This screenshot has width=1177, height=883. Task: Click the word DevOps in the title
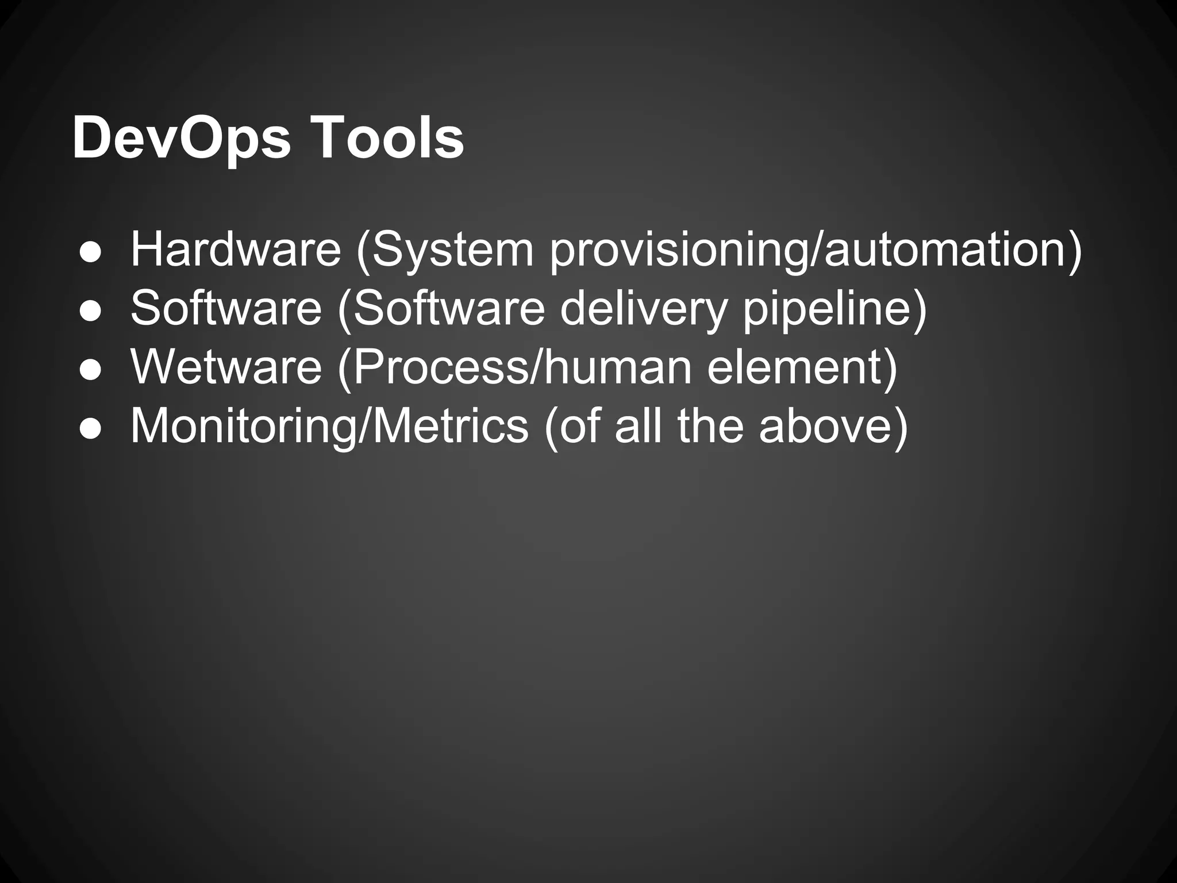[182, 140]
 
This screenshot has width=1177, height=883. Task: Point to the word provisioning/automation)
[816, 250]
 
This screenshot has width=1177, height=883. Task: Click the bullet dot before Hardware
[91, 252]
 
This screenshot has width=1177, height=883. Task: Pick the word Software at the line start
[226, 308]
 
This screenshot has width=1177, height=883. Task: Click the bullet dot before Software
[91, 311]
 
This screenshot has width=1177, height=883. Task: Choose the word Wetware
[226, 367]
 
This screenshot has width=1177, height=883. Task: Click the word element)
[802, 367]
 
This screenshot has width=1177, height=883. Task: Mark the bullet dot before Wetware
[91, 370]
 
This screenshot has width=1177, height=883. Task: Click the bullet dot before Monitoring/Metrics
[91, 429]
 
